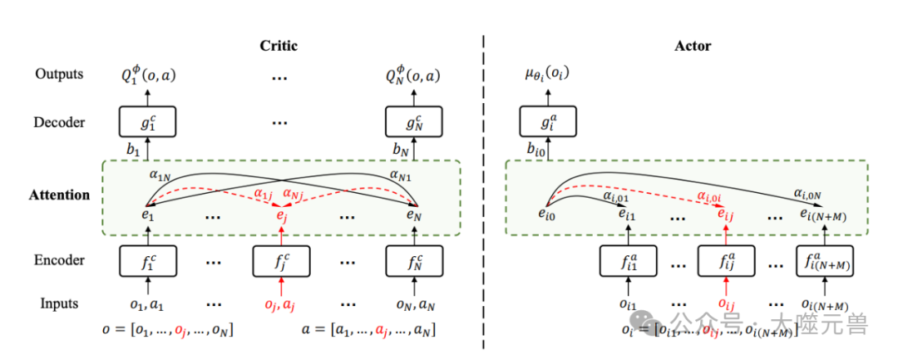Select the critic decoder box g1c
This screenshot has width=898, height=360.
[x=147, y=122]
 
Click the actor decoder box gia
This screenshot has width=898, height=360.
[x=547, y=122]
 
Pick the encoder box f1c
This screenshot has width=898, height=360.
[x=147, y=261]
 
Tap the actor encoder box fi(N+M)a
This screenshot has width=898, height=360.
[x=828, y=261]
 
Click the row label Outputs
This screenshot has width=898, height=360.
[x=59, y=75]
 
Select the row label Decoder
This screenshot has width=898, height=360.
[x=59, y=123]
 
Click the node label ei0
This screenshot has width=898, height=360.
[x=545, y=215]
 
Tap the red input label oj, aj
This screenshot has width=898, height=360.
[x=280, y=304]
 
